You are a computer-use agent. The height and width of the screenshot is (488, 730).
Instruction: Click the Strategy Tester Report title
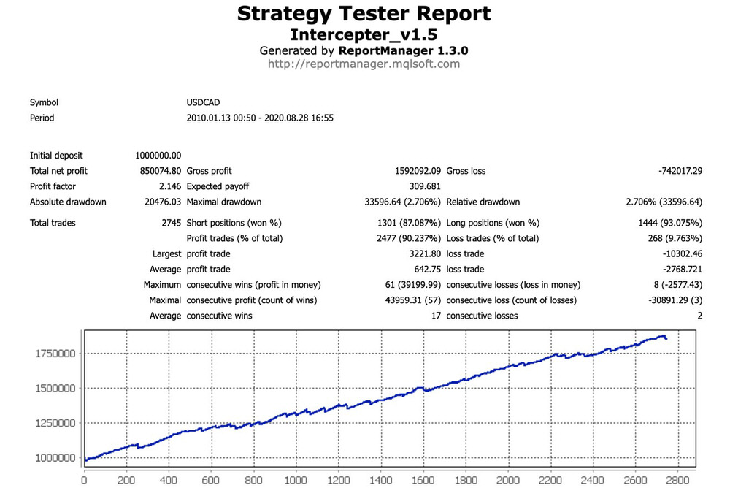point(364,14)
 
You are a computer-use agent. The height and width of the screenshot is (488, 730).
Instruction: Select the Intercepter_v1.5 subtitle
point(364,35)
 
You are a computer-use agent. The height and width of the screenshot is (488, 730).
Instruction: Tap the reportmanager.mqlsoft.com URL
point(364,64)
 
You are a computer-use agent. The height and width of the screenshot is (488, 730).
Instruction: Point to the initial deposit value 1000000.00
point(158,156)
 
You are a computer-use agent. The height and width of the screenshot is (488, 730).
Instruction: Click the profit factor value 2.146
point(169,186)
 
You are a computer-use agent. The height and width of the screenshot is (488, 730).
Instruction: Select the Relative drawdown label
point(483,202)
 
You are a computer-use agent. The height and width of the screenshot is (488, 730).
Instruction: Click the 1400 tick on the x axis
point(380,481)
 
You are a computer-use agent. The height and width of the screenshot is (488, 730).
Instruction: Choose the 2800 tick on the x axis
point(676,481)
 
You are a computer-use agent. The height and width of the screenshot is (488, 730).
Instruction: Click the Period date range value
point(260,118)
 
